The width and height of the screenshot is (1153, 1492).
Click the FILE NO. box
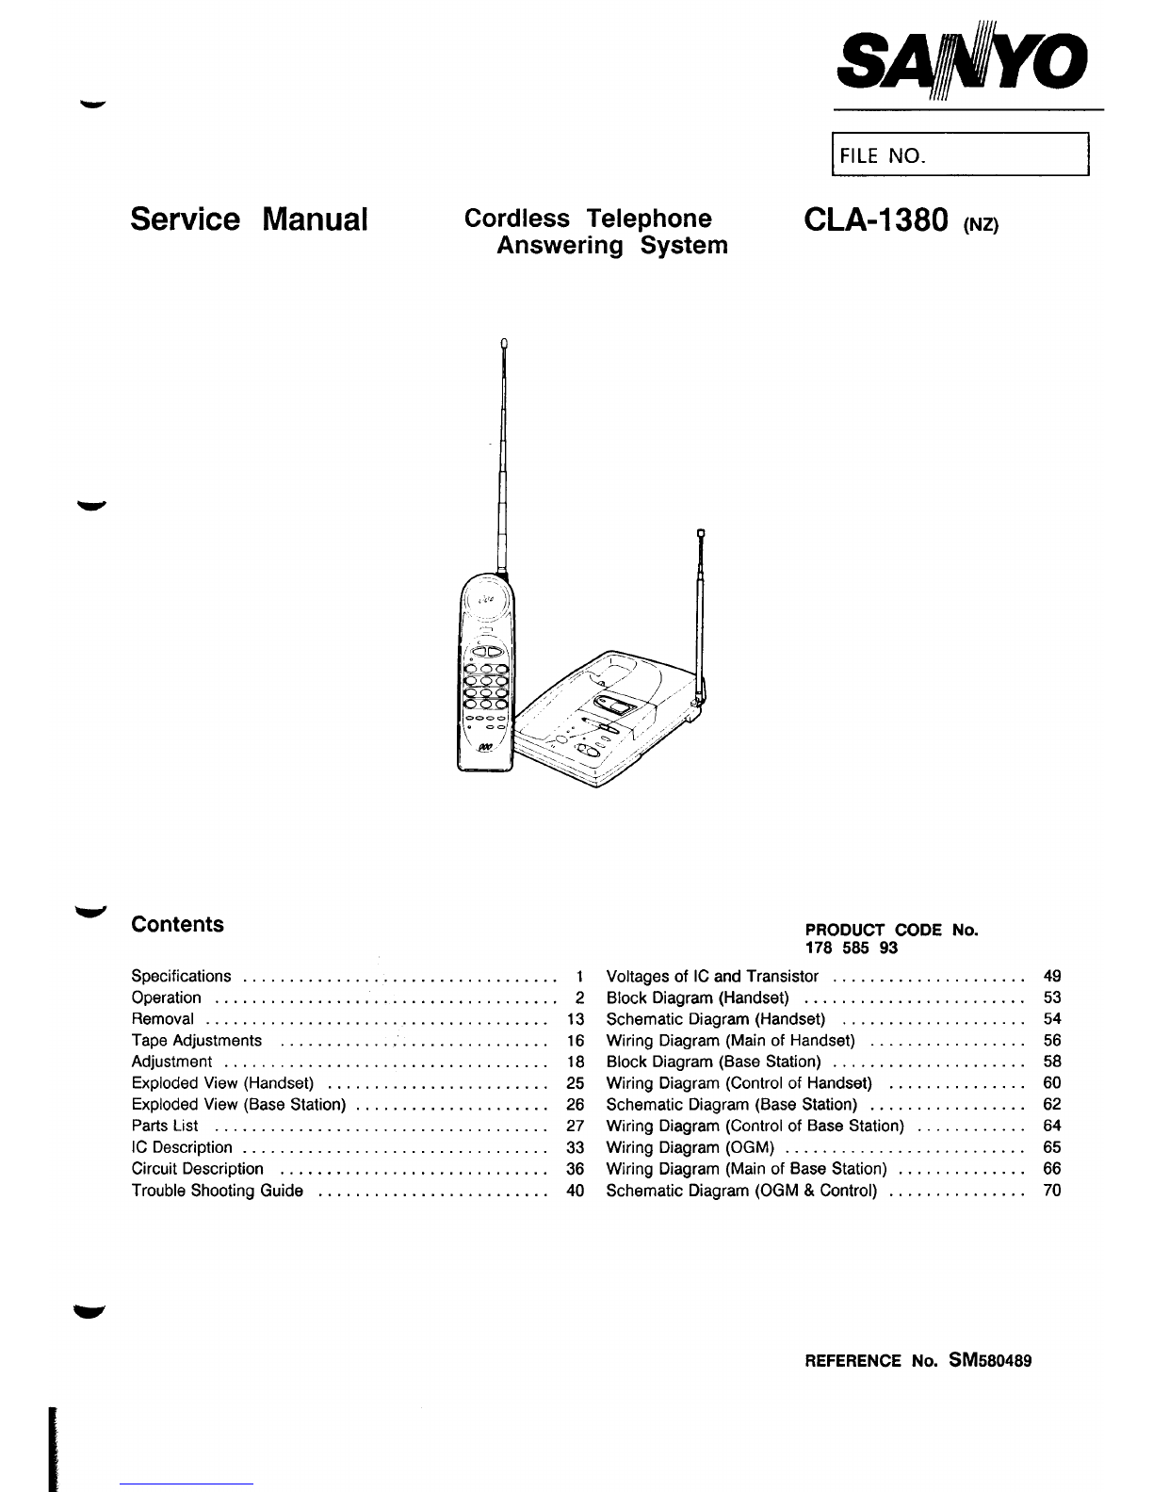click(x=958, y=155)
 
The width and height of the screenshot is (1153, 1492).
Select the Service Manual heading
click(x=248, y=219)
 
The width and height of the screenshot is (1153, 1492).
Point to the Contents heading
click(x=178, y=924)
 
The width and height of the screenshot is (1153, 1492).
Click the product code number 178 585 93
click(x=837, y=949)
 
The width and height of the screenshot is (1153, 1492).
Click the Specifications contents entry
click(x=181, y=976)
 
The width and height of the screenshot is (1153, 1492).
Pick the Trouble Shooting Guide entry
click(x=218, y=1191)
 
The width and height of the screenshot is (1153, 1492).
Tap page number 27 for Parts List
click(x=576, y=1126)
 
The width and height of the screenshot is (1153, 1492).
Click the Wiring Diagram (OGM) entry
click(x=690, y=1147)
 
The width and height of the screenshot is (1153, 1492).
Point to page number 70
click(x=1052, y=1191)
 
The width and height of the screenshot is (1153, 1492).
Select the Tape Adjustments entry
click(x=197, y=1041)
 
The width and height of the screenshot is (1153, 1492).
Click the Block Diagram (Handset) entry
click(x=697, y=997)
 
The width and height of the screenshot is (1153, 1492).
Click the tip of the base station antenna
click(x=702, y=536)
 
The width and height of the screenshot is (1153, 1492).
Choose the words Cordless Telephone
click(x=589, y=219)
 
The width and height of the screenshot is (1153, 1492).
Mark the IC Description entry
click(x=182, y=1147)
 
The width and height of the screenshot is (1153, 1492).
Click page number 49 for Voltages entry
click(x=1052, y=976)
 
